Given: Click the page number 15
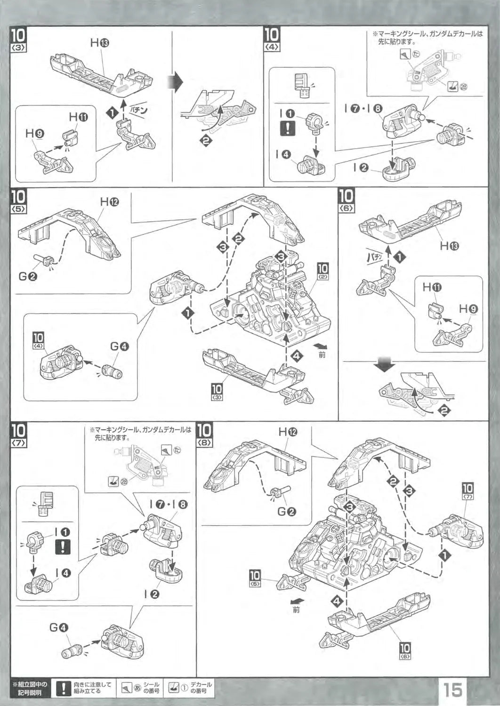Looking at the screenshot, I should coord(452,690).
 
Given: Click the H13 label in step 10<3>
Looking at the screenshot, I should coord(99,43).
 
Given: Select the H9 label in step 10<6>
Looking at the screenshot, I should coord(469,309).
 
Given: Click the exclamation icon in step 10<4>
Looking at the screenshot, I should coord(287,128).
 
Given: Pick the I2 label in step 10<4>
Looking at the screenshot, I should coord(362,167).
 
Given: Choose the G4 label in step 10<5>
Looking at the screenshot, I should coord(119,346).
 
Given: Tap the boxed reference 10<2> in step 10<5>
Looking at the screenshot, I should coord(323,271).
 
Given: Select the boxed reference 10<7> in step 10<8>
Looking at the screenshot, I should coord(468,491).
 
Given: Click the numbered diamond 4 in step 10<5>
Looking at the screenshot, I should coord(297,356).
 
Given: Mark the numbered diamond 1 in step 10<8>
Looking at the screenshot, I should coord(444,555).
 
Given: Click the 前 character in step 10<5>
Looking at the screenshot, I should coord(322,354).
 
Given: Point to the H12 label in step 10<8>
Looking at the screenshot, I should coord(288,432).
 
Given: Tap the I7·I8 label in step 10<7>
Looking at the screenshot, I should coord(169,505).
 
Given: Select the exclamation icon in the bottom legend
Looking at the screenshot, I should coord(63,689).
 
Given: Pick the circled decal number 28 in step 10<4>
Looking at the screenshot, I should coord(463,88).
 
